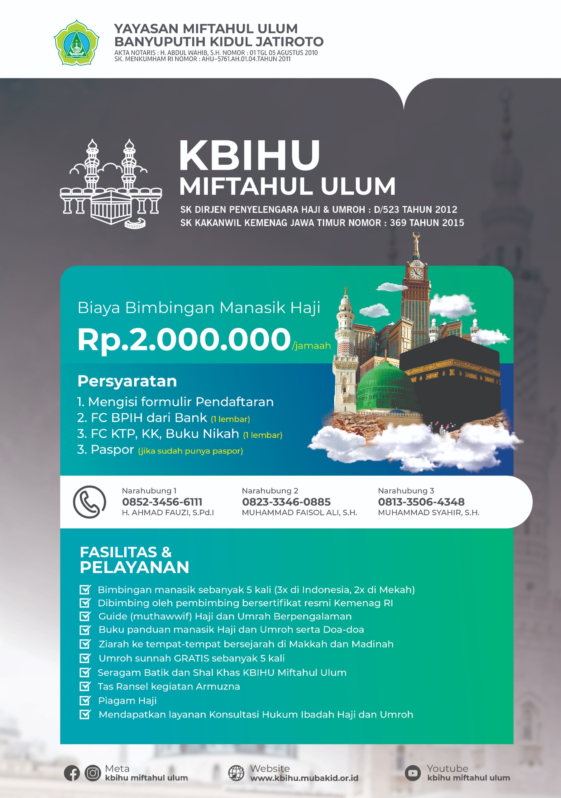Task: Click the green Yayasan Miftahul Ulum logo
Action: tap(76, 43)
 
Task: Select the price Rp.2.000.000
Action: tap(184, 339)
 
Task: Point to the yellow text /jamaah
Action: tap(311, 345)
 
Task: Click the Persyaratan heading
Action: tap(127, 381)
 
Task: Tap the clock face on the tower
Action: tap(416, 273)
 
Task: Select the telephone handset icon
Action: tap(89, 502)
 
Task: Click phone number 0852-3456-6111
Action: tap(162, 502)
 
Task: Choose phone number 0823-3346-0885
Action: tap(286, 502)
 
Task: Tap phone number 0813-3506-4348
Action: tap(421, 502)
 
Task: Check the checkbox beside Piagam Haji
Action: tap(85, 700)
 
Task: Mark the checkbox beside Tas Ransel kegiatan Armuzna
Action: tap(85, 686)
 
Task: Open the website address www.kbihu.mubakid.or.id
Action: tap(304, 778)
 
